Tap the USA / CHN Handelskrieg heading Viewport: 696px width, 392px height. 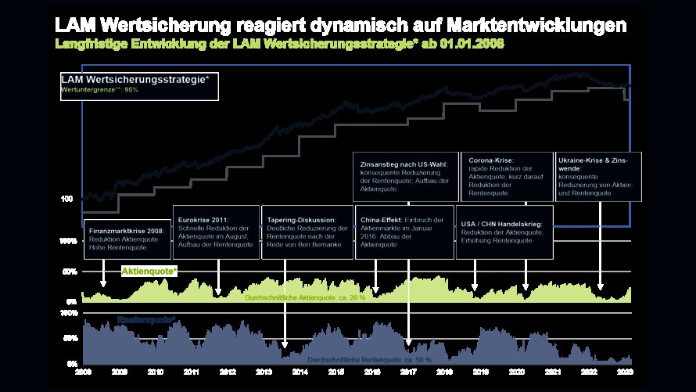[x=501, y=225]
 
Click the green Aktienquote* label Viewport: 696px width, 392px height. [x=149, y=271]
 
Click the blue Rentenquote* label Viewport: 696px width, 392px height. [x=145, y=320]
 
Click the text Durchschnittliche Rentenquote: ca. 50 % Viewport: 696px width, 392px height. [x=369, y=359]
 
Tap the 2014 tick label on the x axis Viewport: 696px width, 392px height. [x=300, y=372]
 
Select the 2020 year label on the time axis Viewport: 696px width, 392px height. [x=516, y=372]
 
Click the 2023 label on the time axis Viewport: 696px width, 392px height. [x=625, y=372]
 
